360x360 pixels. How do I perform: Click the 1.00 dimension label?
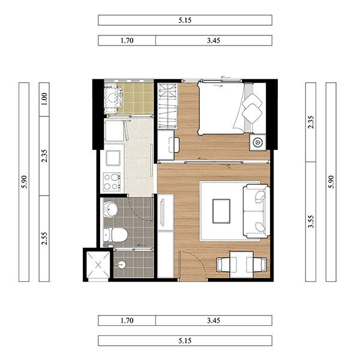(44, 99)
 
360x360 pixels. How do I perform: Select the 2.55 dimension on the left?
(44, 238)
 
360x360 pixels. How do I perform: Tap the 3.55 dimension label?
(311, 221)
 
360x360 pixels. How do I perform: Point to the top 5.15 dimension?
(185, 20)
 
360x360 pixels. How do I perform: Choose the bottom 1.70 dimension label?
(127, 320)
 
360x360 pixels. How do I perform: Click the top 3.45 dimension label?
(214, 40)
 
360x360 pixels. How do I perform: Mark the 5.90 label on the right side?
(331, 182)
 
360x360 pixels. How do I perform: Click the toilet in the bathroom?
(115, 235)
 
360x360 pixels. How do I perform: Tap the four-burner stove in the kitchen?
(112, 182)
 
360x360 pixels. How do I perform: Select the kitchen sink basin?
(113, 158)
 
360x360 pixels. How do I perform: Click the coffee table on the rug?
(221, 211)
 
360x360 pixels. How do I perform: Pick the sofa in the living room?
(257, 211)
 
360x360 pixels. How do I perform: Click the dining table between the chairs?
(242, 265)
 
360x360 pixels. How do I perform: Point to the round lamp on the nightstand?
(257, 142)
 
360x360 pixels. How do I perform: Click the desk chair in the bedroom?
(174, 145)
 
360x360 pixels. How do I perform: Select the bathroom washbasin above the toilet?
(110, 209)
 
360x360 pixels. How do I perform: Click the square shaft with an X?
(98, 265)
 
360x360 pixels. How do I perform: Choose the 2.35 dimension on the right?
(311, 122)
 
